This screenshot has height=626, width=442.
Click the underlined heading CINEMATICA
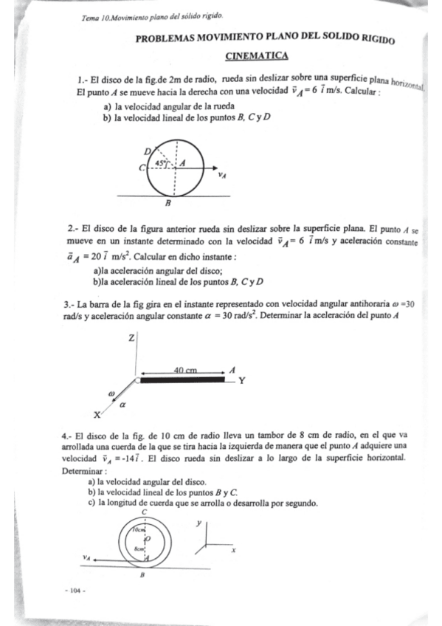[x=256, y=56]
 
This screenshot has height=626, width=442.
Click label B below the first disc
[x=168, y=203]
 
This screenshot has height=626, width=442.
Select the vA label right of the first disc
[x=222, y=176]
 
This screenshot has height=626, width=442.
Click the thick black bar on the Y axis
[x=182, y=381]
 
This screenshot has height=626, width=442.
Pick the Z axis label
[x=131, y=337]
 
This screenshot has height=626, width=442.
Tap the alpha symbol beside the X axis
[x=123, y=405]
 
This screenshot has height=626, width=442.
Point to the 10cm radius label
[x=139, y=529]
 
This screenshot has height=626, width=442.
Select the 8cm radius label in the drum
[x=138, y=548]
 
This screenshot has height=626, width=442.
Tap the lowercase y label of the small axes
[x=198, y=522]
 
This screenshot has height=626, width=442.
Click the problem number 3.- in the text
[x=70, y=303]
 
